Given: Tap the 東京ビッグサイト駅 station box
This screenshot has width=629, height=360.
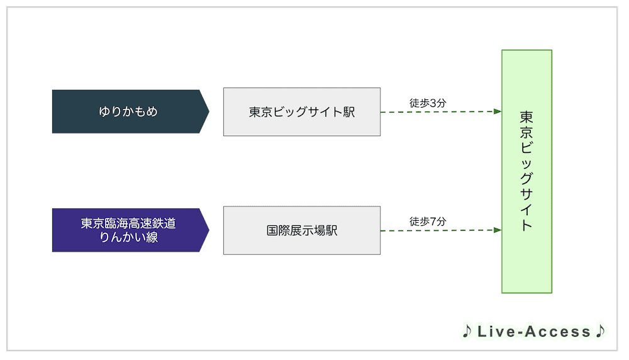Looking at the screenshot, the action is (302, 112).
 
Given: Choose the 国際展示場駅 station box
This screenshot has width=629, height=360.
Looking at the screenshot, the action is (302, 230).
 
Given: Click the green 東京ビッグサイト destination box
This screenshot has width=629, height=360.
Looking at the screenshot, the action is (526, 171).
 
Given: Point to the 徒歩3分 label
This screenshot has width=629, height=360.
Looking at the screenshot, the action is (428, 103).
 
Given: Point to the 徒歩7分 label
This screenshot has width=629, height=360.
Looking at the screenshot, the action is (428, 222).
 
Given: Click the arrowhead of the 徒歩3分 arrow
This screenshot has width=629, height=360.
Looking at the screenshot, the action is (498, 111).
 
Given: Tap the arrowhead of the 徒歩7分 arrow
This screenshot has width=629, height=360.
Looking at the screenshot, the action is (498, 230).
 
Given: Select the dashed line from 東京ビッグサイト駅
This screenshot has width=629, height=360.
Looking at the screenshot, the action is (441, 112).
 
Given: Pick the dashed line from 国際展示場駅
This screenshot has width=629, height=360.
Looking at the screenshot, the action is (441, 230).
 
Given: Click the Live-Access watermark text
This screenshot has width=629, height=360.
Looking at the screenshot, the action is (534, 332).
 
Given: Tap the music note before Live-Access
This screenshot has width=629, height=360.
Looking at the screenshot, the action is (467, 331).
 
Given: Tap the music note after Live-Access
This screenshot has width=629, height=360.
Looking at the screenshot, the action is (600, 331).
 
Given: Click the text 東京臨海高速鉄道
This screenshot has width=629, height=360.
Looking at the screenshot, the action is (128, 223).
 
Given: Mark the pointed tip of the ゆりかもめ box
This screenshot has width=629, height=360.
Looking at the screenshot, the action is (209, 111).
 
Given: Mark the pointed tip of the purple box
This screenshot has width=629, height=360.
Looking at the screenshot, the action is (209, 230).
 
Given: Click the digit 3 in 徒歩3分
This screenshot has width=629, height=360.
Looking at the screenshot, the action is (433, 104).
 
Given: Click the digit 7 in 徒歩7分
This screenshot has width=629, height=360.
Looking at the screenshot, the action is (433, 222).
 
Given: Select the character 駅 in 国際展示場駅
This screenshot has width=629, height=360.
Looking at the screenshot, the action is (331, 230).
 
